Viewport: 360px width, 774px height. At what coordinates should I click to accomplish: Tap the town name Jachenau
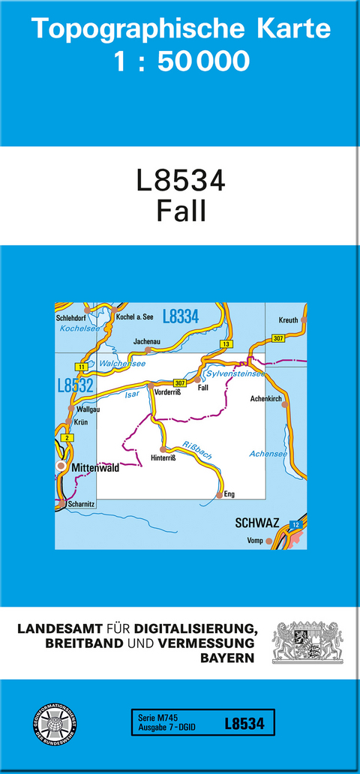coord(146,341)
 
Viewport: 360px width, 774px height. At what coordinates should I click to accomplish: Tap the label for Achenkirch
coord(266,398)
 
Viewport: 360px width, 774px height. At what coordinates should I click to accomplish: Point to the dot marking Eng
coord(219,495)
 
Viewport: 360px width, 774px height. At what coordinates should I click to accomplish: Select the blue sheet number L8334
coord(180,317)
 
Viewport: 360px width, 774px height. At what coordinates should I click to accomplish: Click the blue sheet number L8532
coord(75,385)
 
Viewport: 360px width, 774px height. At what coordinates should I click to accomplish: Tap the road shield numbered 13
coord(225,343)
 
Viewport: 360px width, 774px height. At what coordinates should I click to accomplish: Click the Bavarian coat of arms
coord(307,642)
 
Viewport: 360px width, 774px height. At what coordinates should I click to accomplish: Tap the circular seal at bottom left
coord(54,725)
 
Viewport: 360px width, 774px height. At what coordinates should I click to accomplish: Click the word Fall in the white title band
coord(181,211)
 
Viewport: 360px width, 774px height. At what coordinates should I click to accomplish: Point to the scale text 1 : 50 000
coord(181,61)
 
